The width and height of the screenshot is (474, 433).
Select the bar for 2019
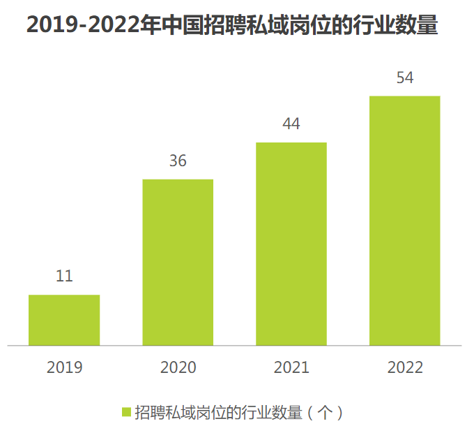[64, 320]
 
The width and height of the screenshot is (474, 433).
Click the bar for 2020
[178, 262]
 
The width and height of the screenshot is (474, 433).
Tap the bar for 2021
[291, 244]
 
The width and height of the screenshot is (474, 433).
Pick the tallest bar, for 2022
[405, 220]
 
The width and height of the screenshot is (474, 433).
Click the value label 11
[64, 276]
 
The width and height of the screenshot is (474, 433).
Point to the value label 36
[178, 161]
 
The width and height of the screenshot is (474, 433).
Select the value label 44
[291, 124]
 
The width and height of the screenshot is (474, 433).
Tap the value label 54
[405, 78]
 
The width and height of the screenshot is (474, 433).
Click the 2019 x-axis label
[64, 367]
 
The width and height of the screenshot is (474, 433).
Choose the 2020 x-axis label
[178, 367]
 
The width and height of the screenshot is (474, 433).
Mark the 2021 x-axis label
[291, 367]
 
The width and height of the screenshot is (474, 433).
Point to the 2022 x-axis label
[405, 367]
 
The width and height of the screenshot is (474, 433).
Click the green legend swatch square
[126, 412]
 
